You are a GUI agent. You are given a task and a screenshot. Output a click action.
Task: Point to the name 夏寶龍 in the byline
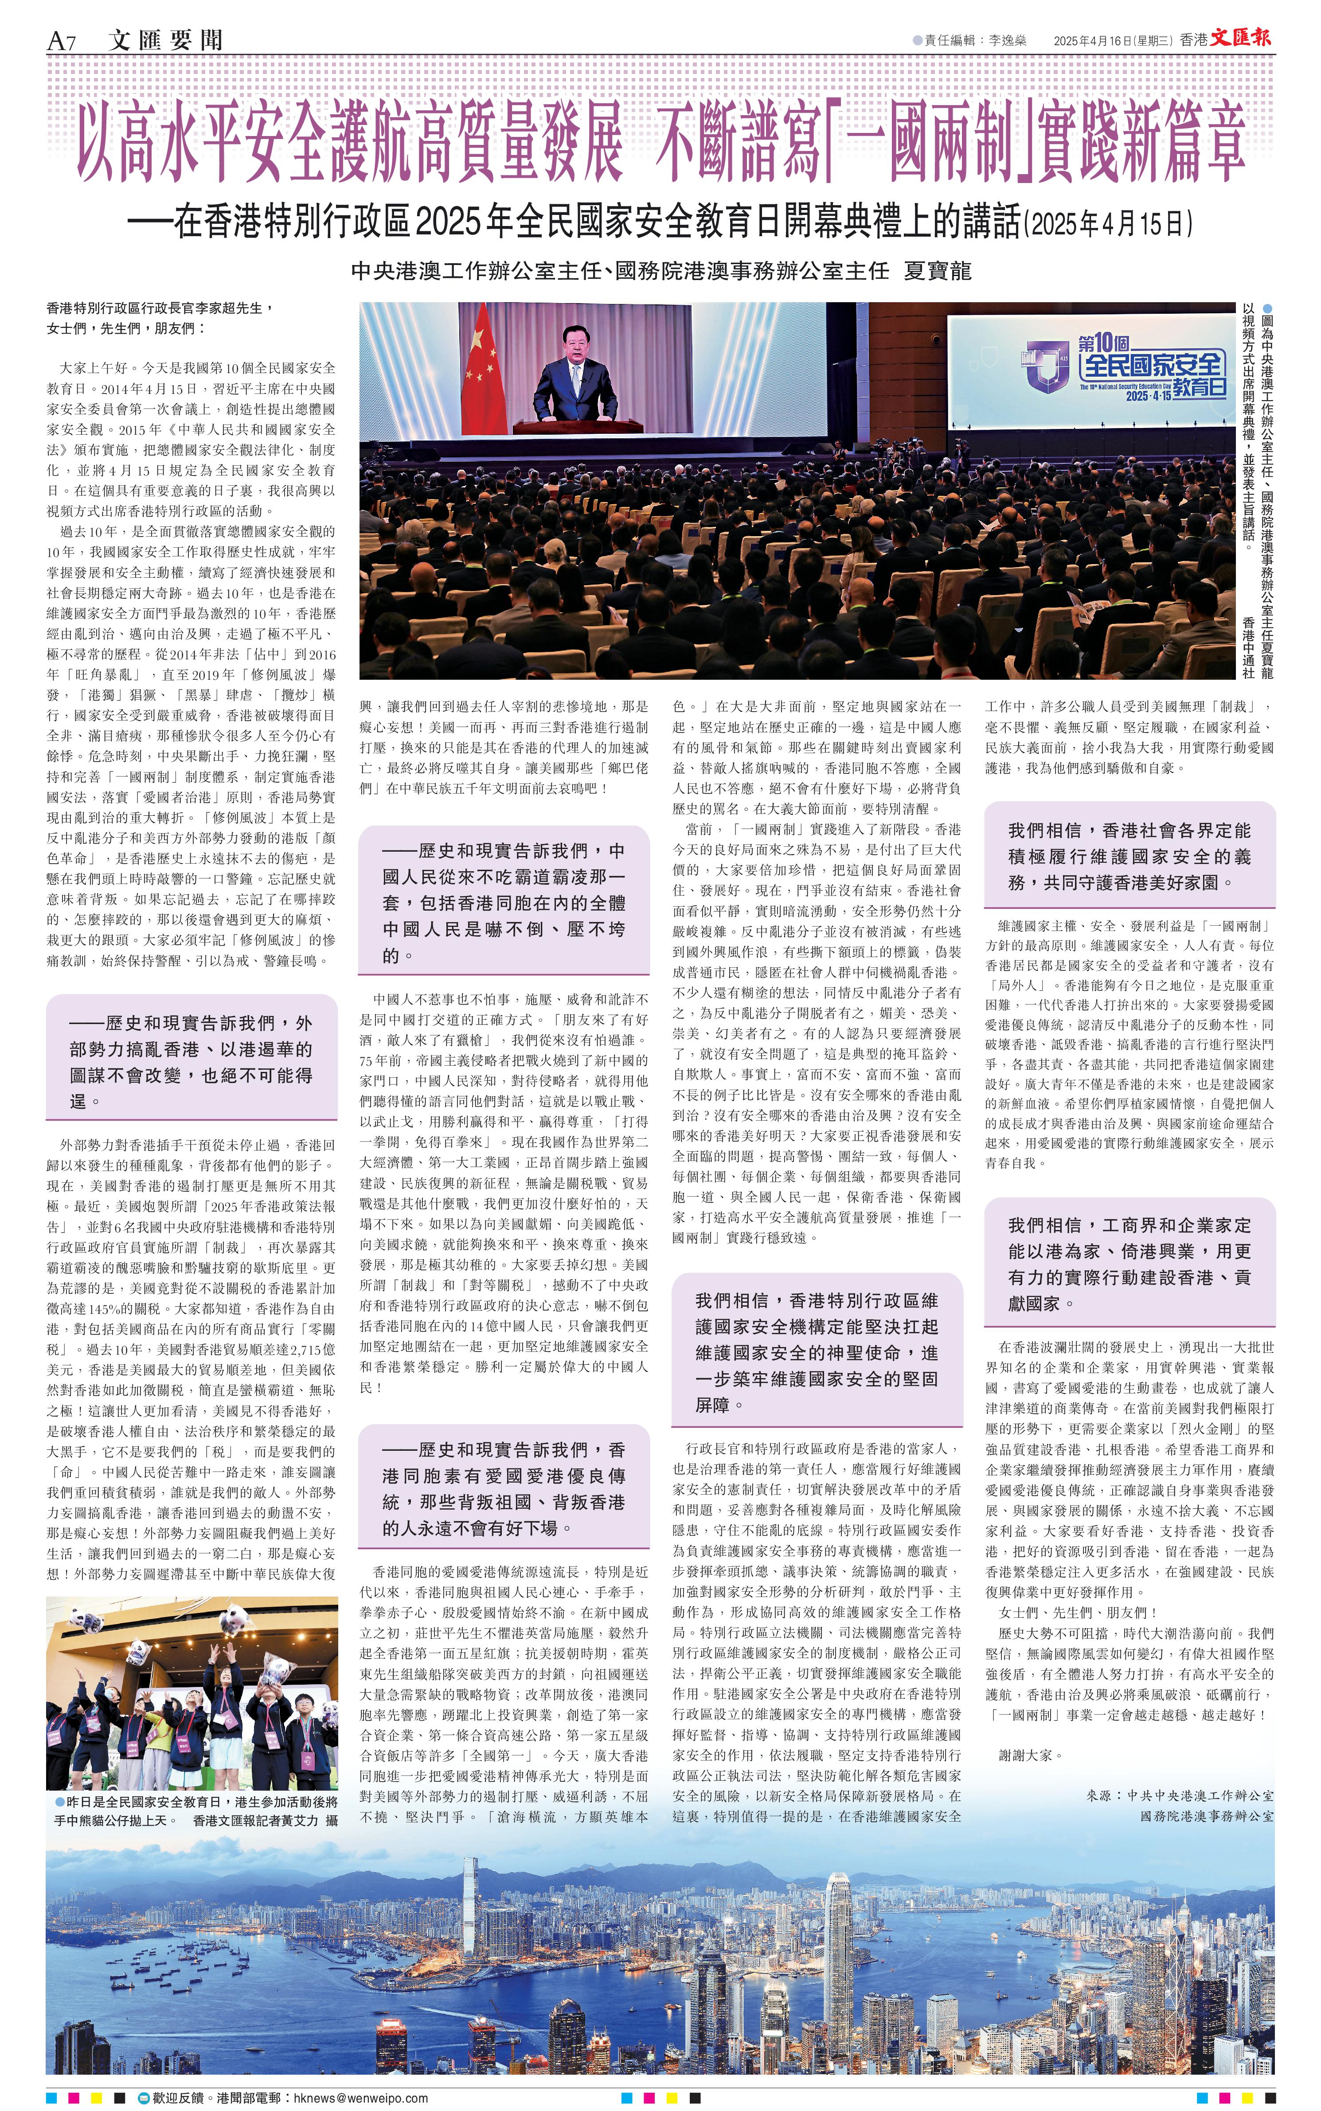pyautogui.click(x=938, y=271)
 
